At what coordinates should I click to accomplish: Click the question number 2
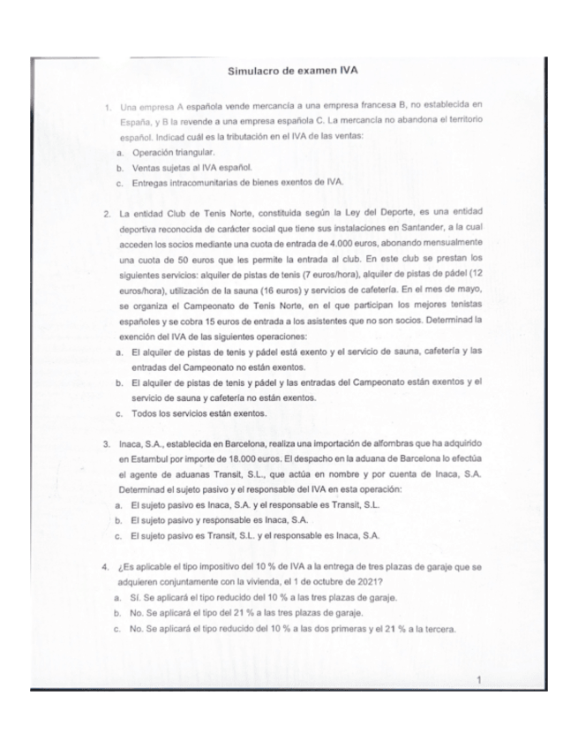pos(106,214)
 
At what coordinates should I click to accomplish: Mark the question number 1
pos(106,109)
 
